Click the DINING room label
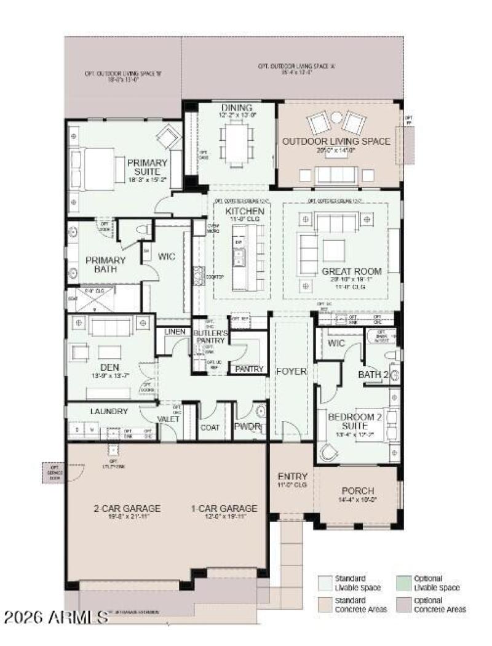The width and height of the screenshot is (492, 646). pyautogui.click(x=236, y=108)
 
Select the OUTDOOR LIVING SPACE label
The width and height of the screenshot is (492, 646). pyautogui.click(x=336, y=142)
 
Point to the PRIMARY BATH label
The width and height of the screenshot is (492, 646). pyautogui.click(x=105, y=265)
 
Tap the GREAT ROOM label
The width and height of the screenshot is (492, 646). pyautogui.click(x=352, y=271)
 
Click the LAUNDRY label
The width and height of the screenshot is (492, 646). pyautogui.click(x=108, y=412)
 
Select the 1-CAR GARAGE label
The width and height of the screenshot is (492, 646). pyautogui.click(x=224, y=509)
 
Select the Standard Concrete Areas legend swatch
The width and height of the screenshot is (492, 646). pyautogui.click(x=324, y=604)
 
